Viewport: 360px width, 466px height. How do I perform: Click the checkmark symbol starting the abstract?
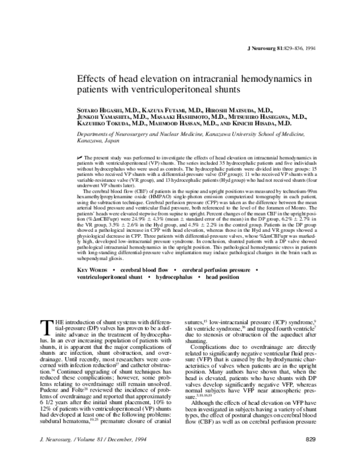click(73, 156)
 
